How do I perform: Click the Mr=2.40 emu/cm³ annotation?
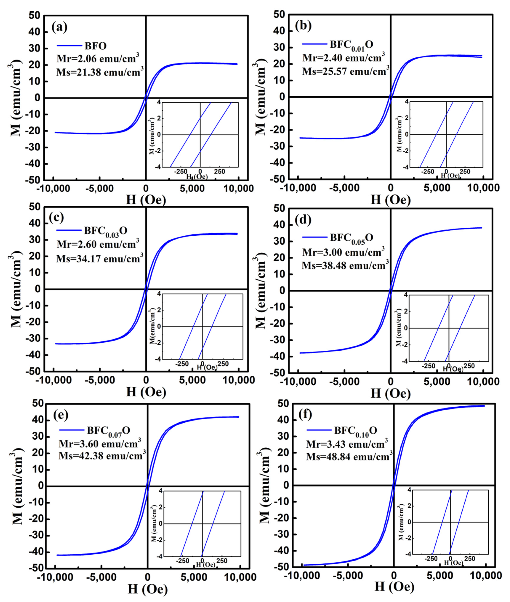coord(343,58)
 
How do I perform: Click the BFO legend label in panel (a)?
coord(95,46)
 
